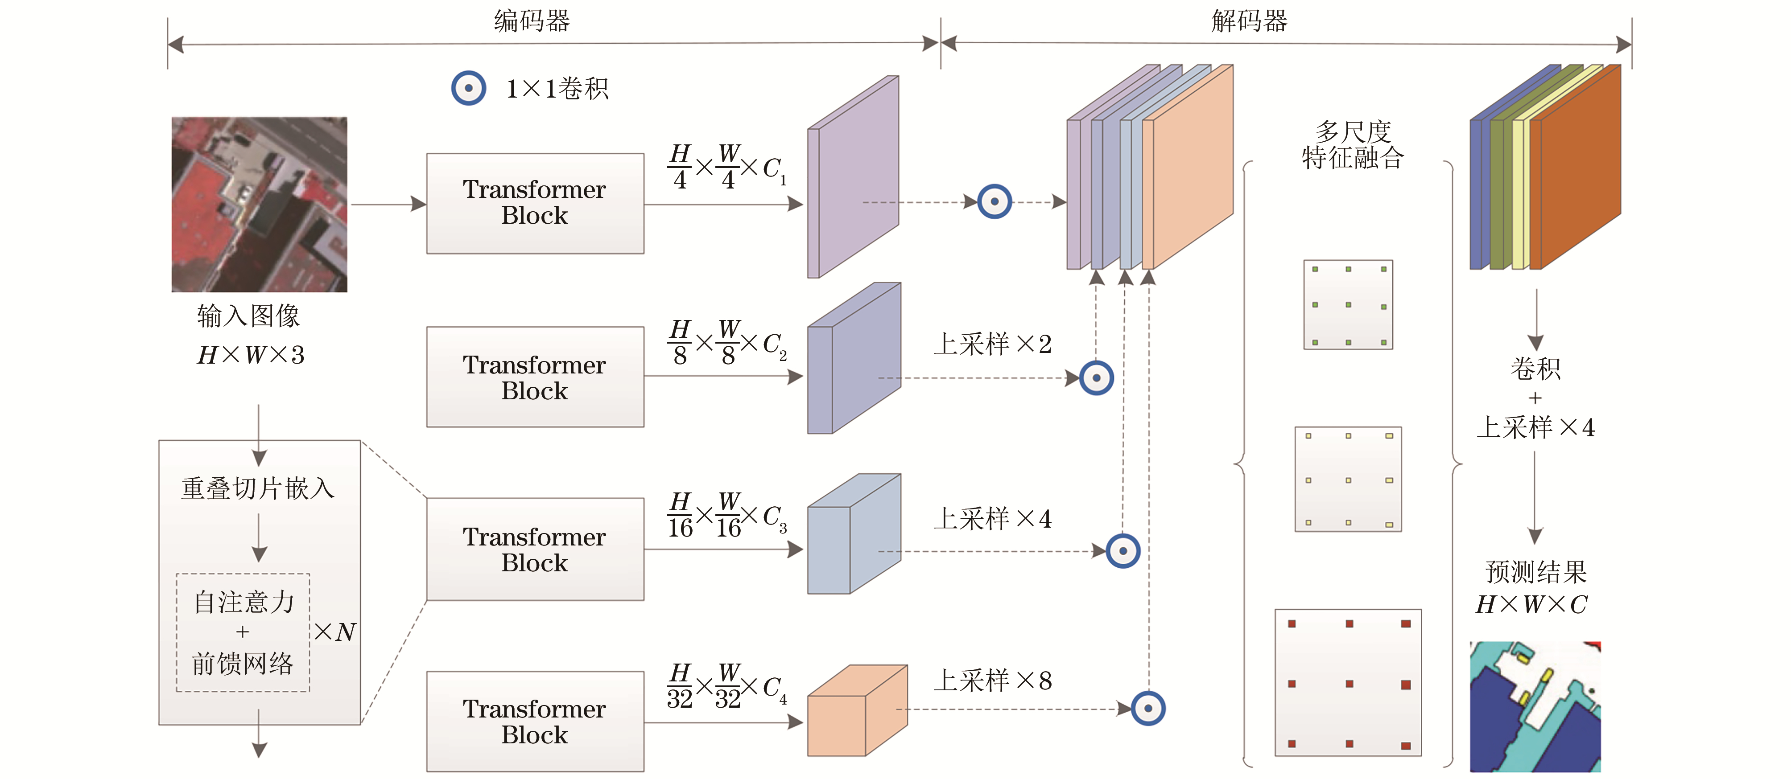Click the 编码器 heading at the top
point(532,21)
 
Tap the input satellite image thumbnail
point(260,204)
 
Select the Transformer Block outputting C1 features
point(535,203)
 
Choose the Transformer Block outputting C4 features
point(535,722)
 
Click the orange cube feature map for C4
point(857,712)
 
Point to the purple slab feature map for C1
point(853,178)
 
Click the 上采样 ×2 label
point(992,344)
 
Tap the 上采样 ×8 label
point(992,681)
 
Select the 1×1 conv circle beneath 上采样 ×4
point(1123,551)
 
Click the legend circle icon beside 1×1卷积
point(469,88)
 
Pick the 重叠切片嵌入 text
point(258,488)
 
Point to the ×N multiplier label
point(335,631)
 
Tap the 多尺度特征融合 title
point(1352,144)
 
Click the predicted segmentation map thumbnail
point(1535,706)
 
